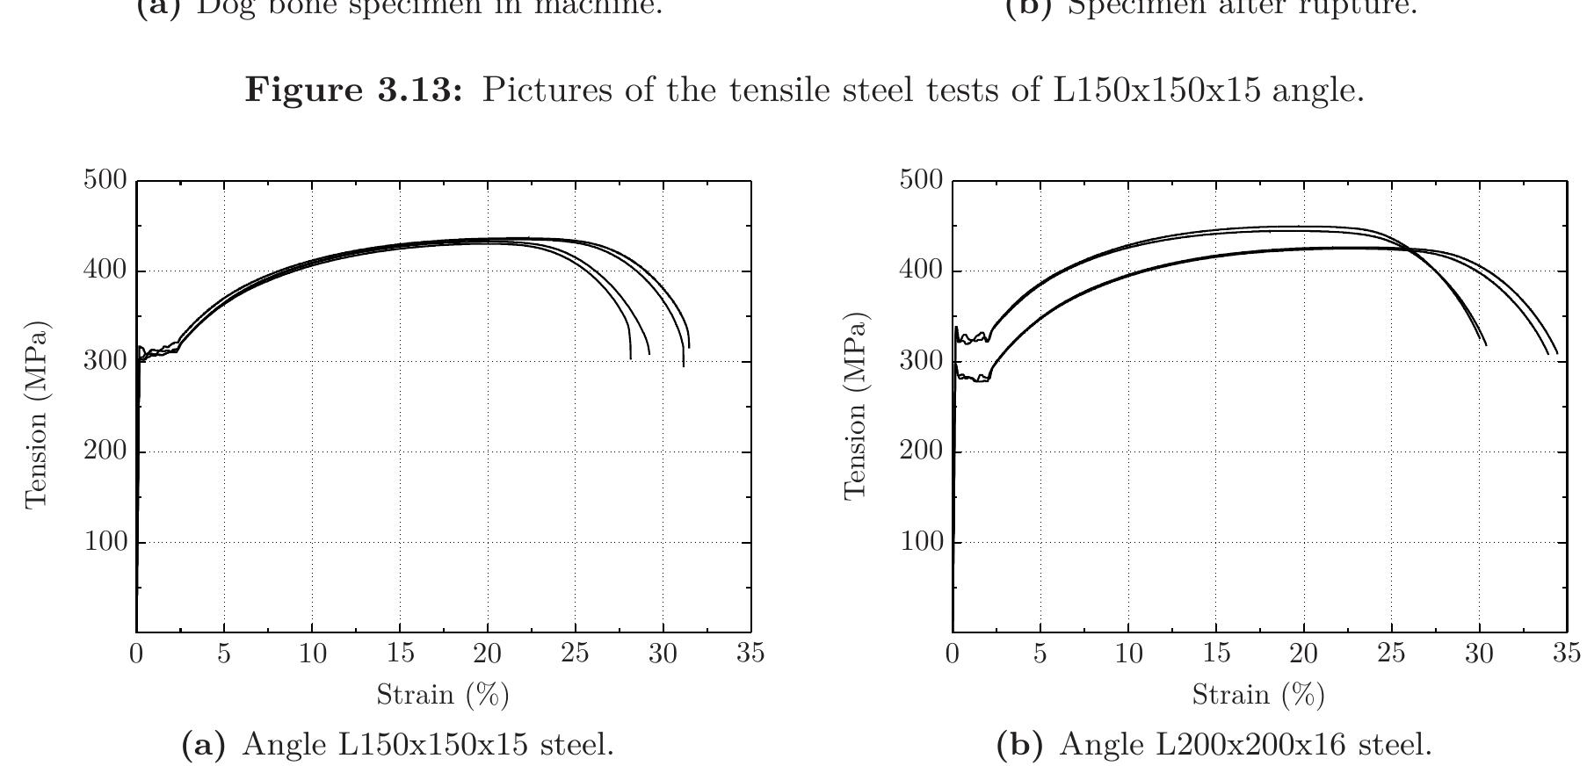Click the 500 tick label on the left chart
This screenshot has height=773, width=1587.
[x=105, y=180]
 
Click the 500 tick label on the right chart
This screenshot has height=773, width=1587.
[x=921, y=180]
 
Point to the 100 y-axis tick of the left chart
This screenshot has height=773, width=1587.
[x=105, y=542]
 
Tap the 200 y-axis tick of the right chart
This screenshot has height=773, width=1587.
[x=921, y=452]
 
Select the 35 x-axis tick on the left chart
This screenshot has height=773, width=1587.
[x=750, y=654]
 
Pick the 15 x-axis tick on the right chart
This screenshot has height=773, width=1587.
[x=1215, y=654]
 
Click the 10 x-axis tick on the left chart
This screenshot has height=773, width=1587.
[x=312, y=654]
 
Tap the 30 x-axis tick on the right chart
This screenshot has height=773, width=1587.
[x=1479, y=654]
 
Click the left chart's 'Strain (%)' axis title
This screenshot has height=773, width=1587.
[x=443, y=695]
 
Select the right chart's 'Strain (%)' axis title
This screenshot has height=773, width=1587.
[x=1258, y=695]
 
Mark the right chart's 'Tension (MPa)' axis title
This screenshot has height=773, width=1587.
[x=855, y=406]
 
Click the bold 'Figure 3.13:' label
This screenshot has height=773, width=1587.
[x=353, y=90]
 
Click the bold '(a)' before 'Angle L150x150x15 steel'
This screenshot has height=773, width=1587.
[x=203, y=745]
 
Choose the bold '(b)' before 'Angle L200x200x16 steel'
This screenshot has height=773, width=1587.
[x=1019, y=745]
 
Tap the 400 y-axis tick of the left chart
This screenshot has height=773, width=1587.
[x=105, y=271]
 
